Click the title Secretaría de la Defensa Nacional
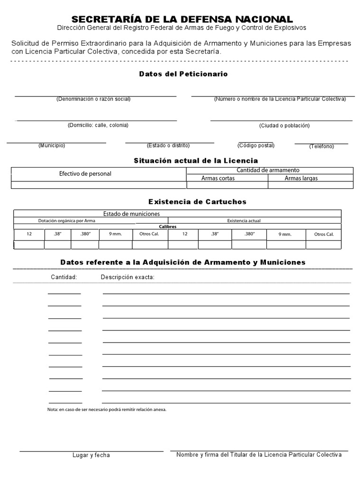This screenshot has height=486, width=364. click(x=182, y=19)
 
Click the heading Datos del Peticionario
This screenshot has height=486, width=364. click(x=183, y=74)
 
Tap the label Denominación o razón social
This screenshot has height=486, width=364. click(x=93, y=99)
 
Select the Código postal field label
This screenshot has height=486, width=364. click(x=256, y=145)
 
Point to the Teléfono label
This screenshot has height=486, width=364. click(x=321, y=146)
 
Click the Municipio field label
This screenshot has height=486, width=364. click(x=52, y=145)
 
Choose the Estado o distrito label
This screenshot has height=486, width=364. click(x=168, y=145)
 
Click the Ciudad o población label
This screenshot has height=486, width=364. click(x=284, y=125)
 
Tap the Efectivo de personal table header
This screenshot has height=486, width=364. click(x=85, y=174)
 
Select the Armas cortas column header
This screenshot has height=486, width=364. click(x=218, y=178)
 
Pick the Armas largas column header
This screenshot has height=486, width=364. click(x=301, y=178)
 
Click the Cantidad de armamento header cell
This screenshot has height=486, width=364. click(x=268, y=170)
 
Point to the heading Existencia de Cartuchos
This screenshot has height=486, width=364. click(x=198, y=202)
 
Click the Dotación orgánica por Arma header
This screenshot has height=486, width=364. click(x=67, y=221)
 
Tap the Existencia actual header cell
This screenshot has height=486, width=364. click(x=244, y=221)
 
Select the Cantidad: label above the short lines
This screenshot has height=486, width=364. click(x=64, y=277)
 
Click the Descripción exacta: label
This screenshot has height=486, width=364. click(x=127, y=277)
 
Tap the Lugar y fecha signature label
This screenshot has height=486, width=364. click(x=91, y=455)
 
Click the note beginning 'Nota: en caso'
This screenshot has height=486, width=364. click(x=107, y=409)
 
